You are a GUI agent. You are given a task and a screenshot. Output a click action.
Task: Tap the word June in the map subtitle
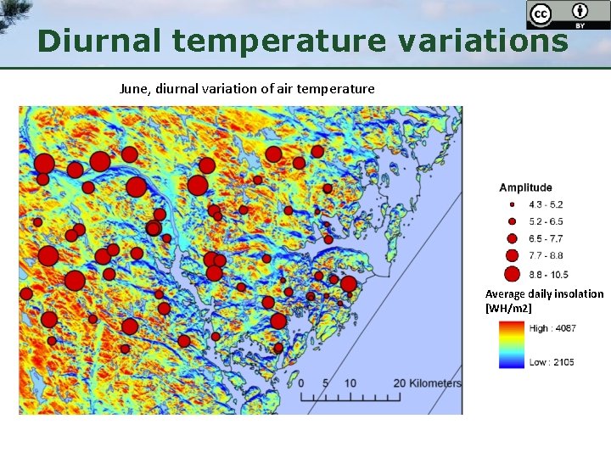coord(134,88)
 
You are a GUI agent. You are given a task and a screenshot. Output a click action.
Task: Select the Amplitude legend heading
coord(525,187)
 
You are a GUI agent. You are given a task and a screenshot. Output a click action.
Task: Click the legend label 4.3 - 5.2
coord(546,204)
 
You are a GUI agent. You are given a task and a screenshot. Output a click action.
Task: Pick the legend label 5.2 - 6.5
coord(546,221)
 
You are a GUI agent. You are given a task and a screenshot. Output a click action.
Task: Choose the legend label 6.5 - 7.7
coord(546,238)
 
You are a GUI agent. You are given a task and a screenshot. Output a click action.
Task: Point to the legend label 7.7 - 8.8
coord(546,255)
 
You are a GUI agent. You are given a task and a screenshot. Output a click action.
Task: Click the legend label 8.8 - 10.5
coord(548,275)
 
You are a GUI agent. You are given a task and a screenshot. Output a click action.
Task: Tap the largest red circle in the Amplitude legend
coord(512,274)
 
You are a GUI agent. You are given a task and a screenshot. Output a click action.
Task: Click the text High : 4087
coord(552,328)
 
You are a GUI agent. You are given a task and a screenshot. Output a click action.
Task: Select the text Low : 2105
coord(552,362)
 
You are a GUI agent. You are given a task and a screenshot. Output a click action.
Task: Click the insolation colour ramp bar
coord(512,344)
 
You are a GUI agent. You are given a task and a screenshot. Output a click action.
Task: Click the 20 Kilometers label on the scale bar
coord(428,383)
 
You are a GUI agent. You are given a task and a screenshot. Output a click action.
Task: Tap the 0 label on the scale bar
coord(301,383)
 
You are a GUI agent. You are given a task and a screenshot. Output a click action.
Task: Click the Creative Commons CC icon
coord(541,14)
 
